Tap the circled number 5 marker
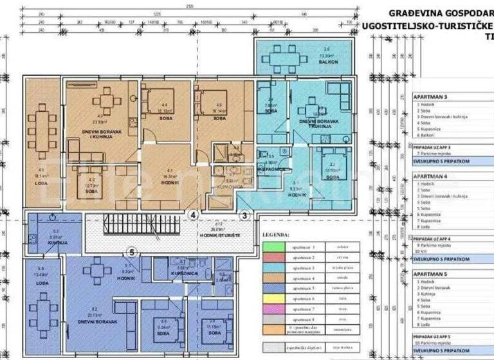(x=132, y=252)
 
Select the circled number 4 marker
(x=194, y=215)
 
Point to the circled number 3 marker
(x=244, y=215)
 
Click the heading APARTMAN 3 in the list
(x=430, y=96)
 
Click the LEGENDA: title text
(x=277, y=235)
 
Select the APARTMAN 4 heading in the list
(x=430, y=175)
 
